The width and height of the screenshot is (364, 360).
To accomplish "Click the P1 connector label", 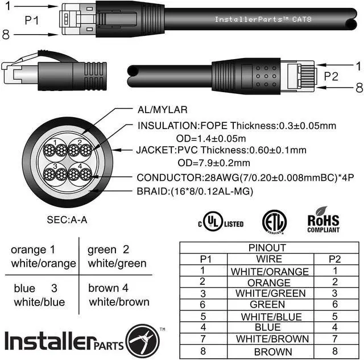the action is point(32,20).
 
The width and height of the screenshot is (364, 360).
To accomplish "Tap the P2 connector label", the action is point(331,76).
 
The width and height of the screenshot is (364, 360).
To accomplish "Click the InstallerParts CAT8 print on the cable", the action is point(263,19).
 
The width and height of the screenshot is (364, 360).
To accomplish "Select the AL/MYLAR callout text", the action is point(162,110).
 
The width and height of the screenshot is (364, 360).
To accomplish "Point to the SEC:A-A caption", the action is point(67,220).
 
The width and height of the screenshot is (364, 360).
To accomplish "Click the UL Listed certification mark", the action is point(221,222).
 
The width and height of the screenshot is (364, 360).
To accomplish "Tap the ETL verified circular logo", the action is point(274,222).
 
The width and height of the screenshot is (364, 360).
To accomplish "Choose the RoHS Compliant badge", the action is point(323,220).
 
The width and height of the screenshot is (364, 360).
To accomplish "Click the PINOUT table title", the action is point(267,247).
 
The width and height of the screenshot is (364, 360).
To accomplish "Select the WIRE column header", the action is point(269,259).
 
